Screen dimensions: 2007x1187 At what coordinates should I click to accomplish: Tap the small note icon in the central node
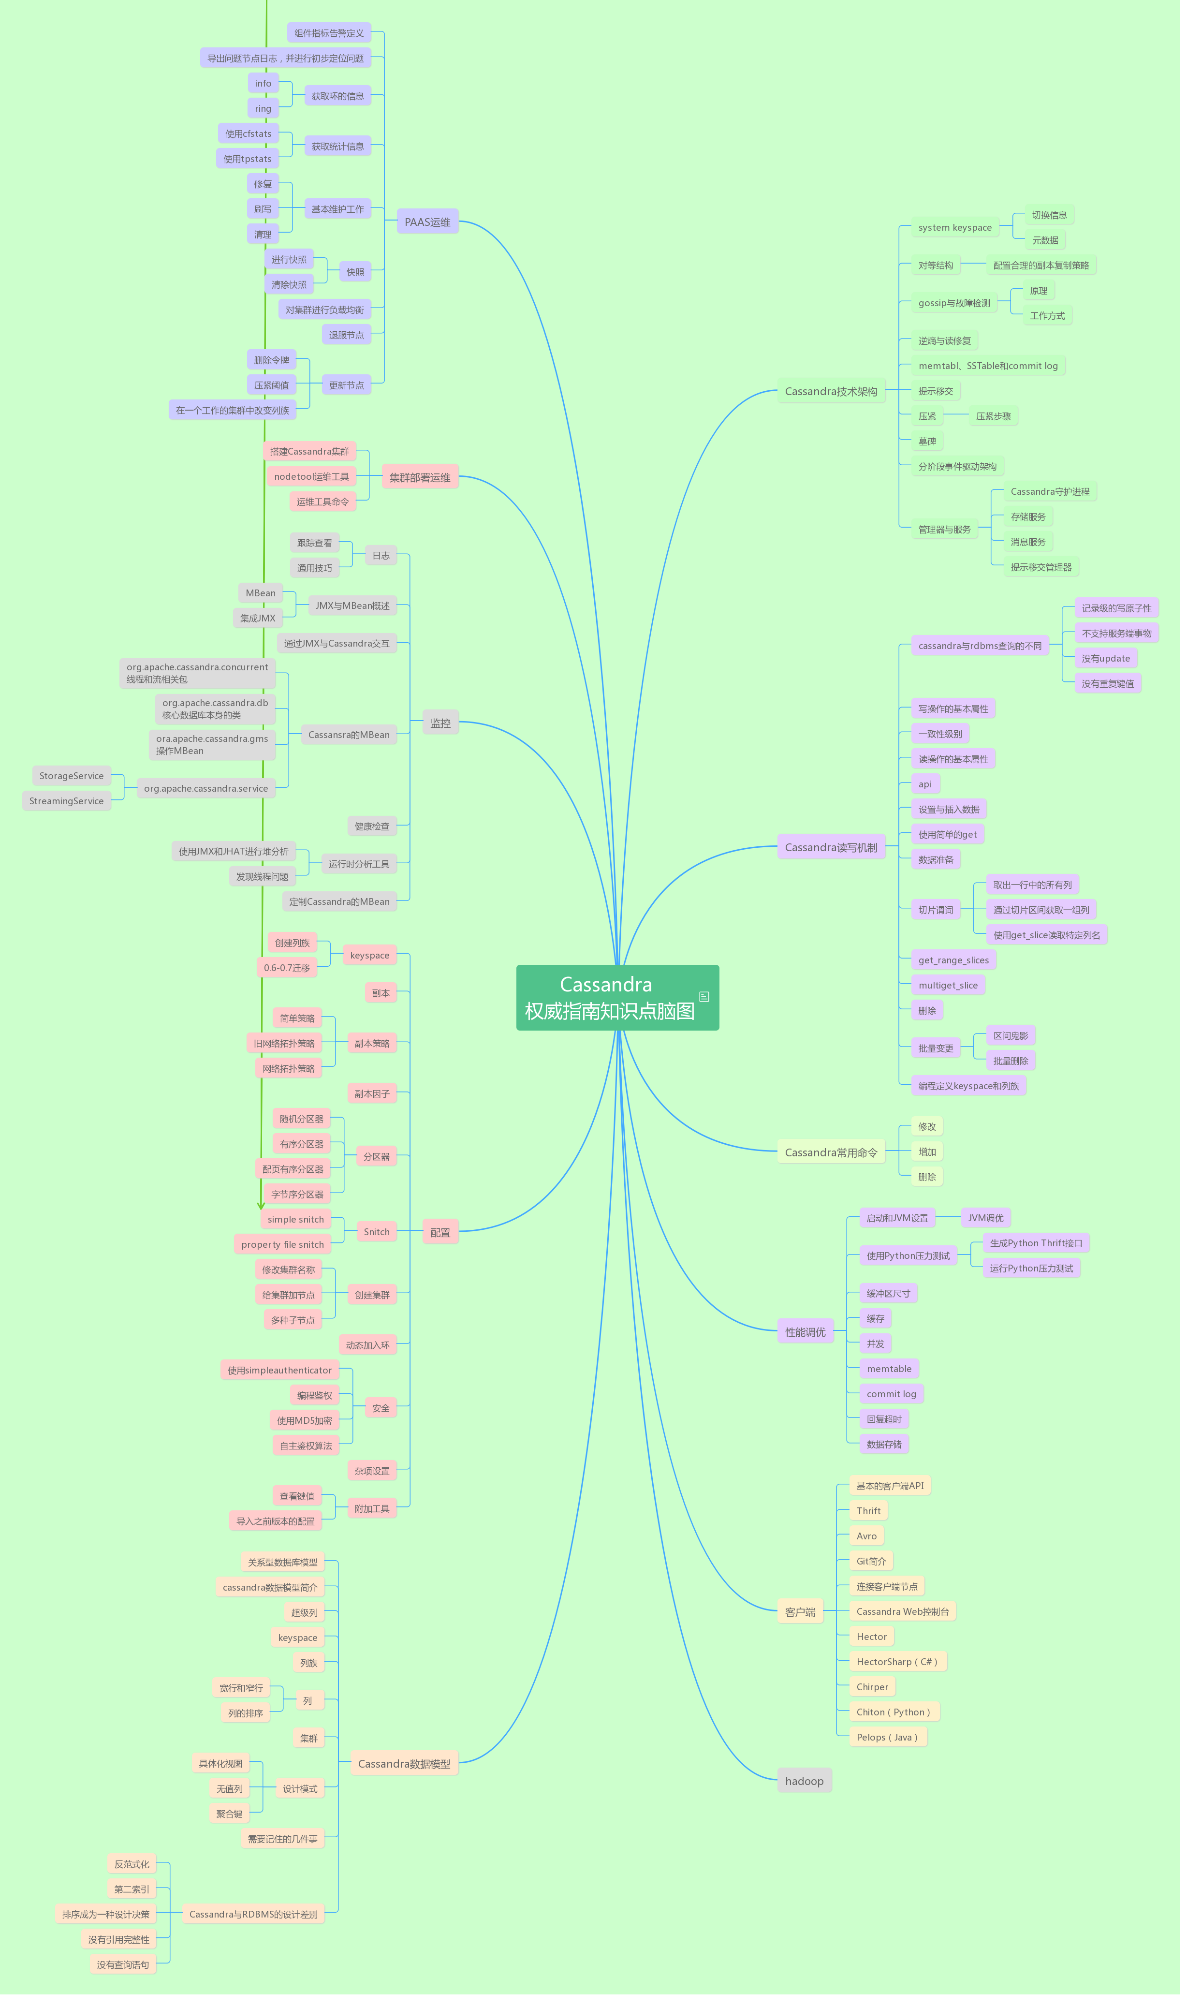click(x=704, y=997)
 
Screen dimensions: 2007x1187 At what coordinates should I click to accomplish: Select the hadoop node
click(x=804, y=1781)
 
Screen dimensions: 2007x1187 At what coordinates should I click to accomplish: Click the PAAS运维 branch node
click(x=427, y=221)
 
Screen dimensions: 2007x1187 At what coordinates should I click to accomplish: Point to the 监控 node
click(x=440, y=723)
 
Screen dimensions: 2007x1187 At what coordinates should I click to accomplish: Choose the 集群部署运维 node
click(x=419, y=477)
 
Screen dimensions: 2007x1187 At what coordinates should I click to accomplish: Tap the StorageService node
click(x=71, y=775)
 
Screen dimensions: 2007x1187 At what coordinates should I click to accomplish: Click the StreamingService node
click(x=66, y=801)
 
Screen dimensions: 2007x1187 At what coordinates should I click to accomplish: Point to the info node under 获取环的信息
click(x=263, y=83)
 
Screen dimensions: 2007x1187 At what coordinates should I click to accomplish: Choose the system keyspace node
click(x=954, y=227)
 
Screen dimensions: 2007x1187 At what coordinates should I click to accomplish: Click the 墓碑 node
click(x=926, y=441)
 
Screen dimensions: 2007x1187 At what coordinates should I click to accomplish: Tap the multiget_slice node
click(x=947, y=985)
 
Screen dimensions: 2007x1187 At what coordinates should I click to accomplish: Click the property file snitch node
click(x=282, y=1244)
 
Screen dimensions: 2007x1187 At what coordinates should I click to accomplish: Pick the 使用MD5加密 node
click(x=304, y=1420)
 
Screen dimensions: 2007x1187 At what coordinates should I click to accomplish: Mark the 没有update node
click(x=1105, y=658)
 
